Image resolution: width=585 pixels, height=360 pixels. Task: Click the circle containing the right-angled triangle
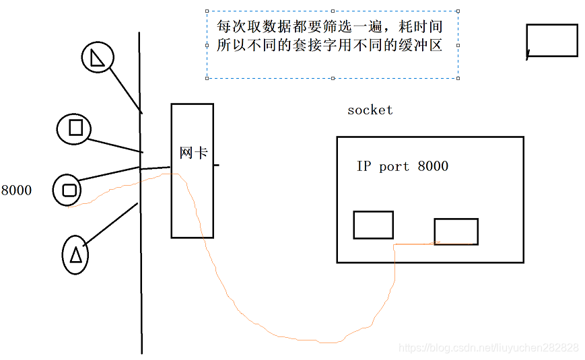[x=98, y=57]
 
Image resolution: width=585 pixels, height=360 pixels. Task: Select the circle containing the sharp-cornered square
[x=75, y=128]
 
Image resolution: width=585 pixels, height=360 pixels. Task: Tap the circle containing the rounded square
[x=68, y=190]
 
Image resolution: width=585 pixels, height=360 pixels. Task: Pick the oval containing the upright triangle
[x=75, y=255]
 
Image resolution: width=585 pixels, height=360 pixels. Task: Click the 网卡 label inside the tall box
[x=193, y=153]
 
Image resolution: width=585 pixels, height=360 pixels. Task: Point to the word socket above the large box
[x=370, y=110]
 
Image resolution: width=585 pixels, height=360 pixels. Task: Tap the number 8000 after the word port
[x=433, y=166]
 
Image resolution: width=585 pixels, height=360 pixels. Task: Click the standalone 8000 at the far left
[x=16, y=190]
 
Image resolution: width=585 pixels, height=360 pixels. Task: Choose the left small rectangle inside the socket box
[x=373, y=225]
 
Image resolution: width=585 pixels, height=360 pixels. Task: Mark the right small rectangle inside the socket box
[x=456, y=231]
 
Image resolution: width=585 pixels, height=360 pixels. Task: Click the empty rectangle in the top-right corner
[x=552, y=40]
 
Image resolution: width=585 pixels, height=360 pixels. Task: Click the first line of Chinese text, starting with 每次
[x=329, y=28]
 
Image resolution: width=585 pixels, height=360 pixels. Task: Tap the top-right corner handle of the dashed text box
[x=458, y=11]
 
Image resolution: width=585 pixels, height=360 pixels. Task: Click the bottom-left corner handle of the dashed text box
[x=207, y=78]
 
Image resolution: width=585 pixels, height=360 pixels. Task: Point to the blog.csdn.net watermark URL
[x=488, y=348]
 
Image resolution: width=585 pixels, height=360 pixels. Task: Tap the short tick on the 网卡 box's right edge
[x=216, y=164]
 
